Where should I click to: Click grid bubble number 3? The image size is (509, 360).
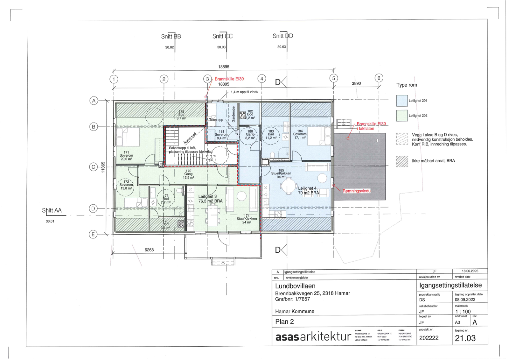tap(207, 79)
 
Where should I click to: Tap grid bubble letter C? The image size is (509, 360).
tap(93, 167)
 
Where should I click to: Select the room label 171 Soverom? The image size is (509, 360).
tap(126, 156)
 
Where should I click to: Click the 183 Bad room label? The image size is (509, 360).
tap(271, 135)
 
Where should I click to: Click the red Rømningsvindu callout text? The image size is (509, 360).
tap(356, 191)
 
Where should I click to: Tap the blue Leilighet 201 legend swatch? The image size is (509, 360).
tap(402, 101)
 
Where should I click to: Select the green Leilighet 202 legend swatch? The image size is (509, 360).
tap(402, 116)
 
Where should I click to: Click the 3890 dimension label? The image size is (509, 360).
tap(356, 83)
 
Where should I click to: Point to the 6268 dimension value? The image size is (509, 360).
tap(149, 250)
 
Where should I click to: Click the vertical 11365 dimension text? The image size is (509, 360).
tap(103, 167)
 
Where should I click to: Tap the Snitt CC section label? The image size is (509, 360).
tap(222, 36)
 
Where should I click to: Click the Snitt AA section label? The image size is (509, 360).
tap(52, 210)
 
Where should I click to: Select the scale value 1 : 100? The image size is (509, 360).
tap(463, 312)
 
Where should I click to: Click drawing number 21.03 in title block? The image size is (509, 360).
tap(465, 338)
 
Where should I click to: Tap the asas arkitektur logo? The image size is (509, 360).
tap(313, 337)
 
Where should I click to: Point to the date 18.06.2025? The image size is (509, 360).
tap(470, 271)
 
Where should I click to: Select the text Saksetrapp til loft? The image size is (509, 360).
tap(182, 148)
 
